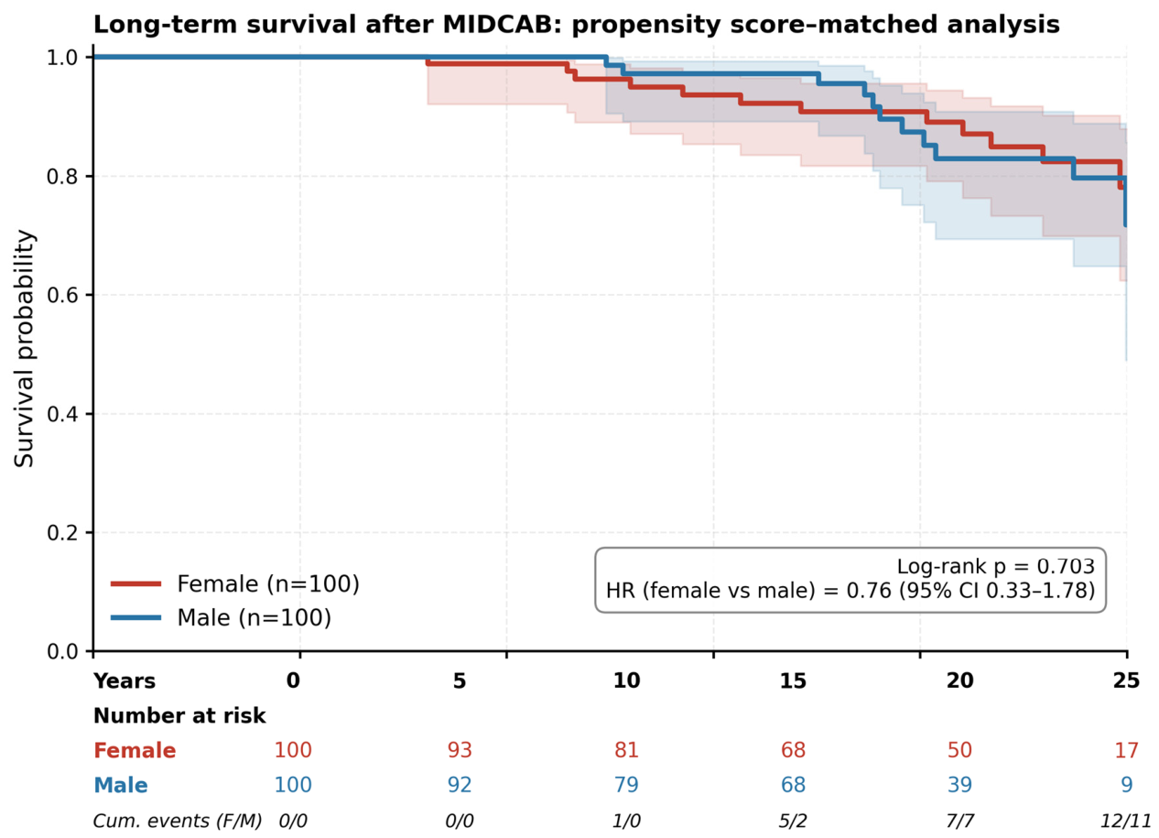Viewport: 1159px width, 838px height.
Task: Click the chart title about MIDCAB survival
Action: (577, 25)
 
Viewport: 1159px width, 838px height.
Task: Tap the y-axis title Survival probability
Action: (24, 348)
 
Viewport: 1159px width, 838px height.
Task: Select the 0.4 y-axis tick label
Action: (62, 414)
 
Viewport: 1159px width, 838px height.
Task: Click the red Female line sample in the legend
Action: (136, 584)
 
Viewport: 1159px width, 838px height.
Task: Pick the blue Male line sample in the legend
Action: (136, 617)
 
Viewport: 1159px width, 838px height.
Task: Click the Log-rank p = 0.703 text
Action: (995, 566)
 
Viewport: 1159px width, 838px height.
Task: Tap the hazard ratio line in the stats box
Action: (850, 591)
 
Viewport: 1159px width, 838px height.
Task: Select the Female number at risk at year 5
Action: (460, 750)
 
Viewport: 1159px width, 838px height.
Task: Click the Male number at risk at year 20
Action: (959, 785)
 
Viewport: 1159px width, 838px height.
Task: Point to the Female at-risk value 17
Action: (1126, 750)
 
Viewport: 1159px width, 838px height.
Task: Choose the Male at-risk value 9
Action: (1126, 785)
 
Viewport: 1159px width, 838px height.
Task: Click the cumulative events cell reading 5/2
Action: (793, 821)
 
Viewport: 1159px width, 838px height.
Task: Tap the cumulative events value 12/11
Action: (1126, 821)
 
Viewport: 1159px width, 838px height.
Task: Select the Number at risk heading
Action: (179, 716)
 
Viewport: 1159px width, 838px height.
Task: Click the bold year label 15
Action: (793, 680)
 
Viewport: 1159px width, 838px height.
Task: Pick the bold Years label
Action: (125, 681)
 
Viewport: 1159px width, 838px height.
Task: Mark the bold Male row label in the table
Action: (121, 785)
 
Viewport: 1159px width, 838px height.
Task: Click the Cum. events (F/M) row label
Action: (178, 821)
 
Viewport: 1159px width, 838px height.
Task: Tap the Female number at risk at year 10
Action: (626, 750)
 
